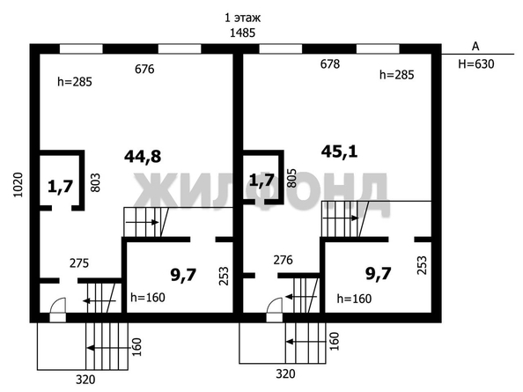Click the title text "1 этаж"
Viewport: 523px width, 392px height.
242,17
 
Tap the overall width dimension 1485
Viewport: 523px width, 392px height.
242,33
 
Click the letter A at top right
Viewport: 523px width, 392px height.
475,46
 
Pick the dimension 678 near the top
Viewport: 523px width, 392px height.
329,63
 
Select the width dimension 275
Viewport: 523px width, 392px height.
80,262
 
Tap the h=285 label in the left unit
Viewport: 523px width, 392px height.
73,81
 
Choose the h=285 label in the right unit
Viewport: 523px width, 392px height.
397,75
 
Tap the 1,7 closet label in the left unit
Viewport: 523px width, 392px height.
60,186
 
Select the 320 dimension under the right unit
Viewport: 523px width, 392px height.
285,374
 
